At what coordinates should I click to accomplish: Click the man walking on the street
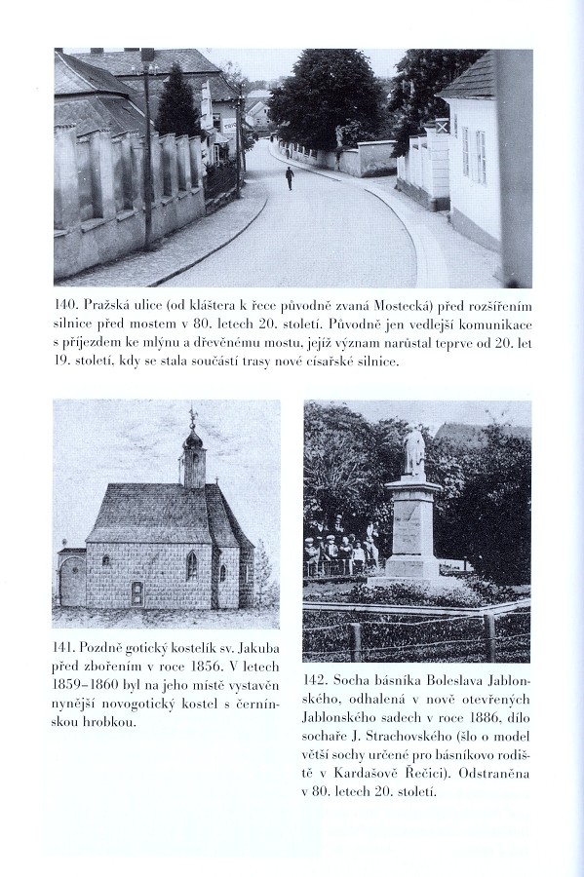289,177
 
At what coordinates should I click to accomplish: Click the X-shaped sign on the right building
442,126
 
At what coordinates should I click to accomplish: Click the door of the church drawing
136,591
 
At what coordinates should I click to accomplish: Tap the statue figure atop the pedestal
414,449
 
